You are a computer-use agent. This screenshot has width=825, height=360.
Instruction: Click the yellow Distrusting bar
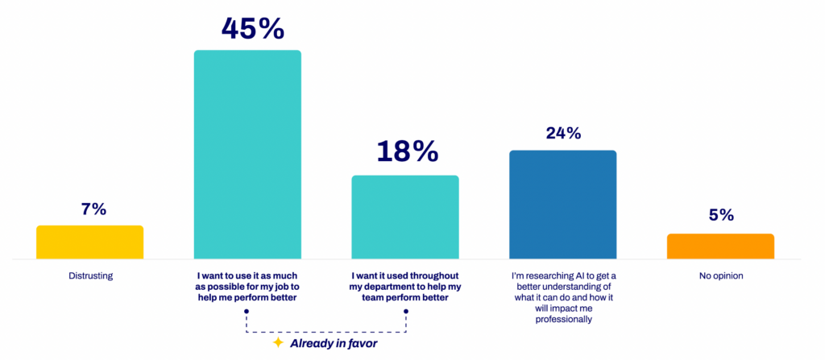pyautogui.click(x=89, y=242)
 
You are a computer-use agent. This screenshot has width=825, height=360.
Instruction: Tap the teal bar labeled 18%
pyautogui.click(x=405, y=217)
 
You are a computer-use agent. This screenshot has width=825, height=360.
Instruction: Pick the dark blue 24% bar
pyautogui.click(x=562, y=205)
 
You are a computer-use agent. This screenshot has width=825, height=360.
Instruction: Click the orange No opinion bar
pyautogui.click(x=720, y=246)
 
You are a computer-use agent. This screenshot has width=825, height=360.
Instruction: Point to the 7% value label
pyautogui.click(x=93, y=209)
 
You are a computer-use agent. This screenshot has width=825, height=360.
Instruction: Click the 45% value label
pyautogui.click(x=252, y=28)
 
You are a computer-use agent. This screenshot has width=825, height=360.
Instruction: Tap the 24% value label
pyautogui.click(x=562, y=134)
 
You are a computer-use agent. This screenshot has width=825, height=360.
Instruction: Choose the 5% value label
pyautogui.click(x=721, y=215)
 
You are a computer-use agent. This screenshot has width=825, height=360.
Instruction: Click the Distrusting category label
pyautogui.click(x=90, y=275)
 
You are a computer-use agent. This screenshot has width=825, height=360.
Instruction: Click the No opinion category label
pyautogui.click(x=721, y=275)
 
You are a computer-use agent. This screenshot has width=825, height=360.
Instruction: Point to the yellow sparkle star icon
pyautogui.click(x=278, y=343)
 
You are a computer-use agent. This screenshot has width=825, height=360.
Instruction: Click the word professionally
pyautogui.click(x=562, y=319)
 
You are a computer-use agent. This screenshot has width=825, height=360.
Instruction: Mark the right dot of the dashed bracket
pyautogui.click(x=405, y=311)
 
